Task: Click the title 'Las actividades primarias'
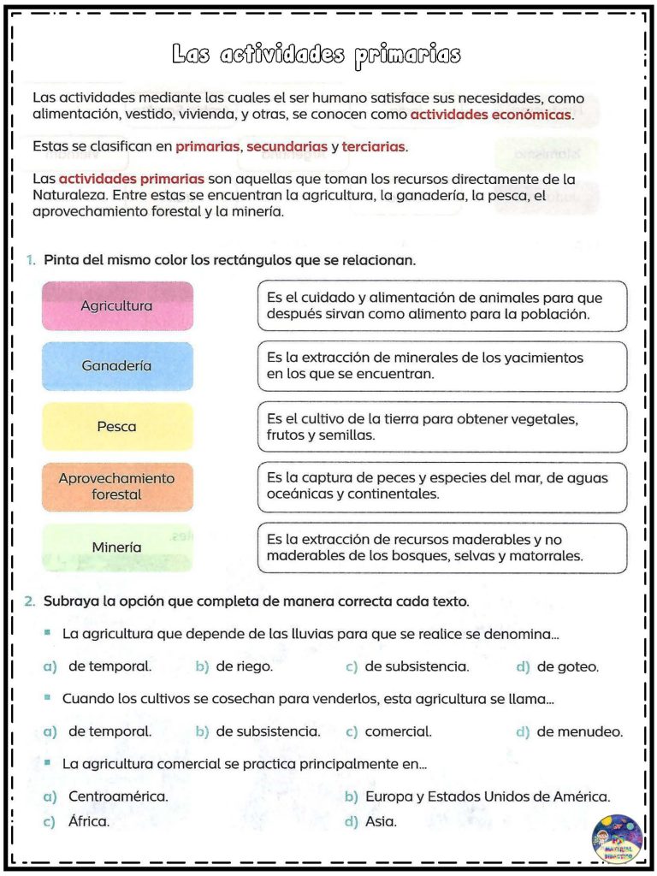(x=316, y=55)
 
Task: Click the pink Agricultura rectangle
(x=117, y=305)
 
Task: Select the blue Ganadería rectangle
(x=117, y=366)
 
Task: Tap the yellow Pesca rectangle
(x=117, y=427)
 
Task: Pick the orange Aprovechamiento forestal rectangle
(x=117, y=487)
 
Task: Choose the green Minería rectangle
(x=117, y=547)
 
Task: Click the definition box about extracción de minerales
(x=441, y=366)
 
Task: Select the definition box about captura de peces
(x=441, y=487)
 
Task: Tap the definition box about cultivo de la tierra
(x=441, y=427)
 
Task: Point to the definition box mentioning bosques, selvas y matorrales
(x=441, y=547)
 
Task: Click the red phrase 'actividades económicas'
(x=491, y=114)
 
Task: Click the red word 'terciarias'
(x=373, y=147)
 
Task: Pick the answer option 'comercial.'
(x=398, y=732)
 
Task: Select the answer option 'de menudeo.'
(x=580, y=732)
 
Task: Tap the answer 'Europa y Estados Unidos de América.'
(x=488, y=797)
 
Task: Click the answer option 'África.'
(x=88, y=822)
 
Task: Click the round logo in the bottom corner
(x=617, y=839)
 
